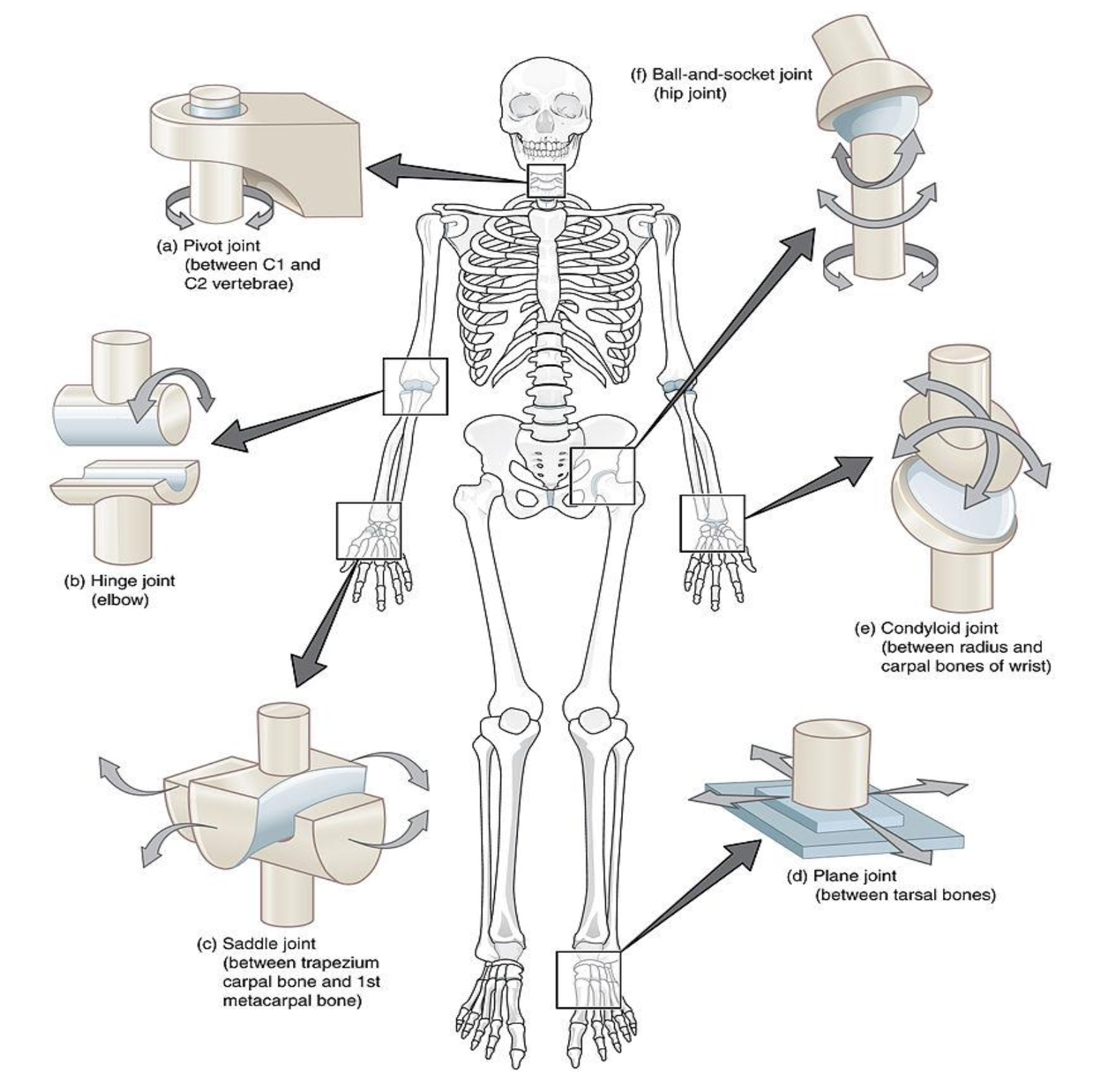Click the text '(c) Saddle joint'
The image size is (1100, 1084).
[x=257, y=943]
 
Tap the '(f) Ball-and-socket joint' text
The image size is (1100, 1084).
[x=722, y=74]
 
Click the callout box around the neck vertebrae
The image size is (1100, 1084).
[x=547, y=181]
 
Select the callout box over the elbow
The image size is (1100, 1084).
[x=415, y=386]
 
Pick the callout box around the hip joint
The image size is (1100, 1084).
[x=603, y=476]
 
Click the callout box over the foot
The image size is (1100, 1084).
[x=589, y=980]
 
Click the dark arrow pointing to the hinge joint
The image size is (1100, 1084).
[x=297, y=422]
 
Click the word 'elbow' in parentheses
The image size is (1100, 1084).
[x=120, y=600]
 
